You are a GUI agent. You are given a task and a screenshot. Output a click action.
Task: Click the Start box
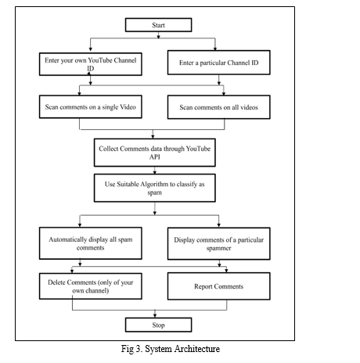point(158,25)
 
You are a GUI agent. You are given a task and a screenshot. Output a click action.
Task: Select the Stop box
point(158,325)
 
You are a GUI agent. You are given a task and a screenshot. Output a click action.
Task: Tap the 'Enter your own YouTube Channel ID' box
point(91,64)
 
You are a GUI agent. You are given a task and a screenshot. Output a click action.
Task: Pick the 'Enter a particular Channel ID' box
point(219,63)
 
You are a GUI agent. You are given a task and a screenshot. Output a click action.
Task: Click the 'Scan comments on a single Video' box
point(91,107)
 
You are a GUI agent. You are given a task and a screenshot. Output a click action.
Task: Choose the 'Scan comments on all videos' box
point(219,107)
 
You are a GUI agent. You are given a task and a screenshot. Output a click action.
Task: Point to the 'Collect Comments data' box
point(155,153)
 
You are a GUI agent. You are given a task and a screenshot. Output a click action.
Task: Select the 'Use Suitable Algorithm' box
point(155,188)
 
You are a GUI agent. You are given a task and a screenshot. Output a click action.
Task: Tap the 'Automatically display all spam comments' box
point(91,243)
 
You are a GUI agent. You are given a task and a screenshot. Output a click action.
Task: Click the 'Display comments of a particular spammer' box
point(219,243)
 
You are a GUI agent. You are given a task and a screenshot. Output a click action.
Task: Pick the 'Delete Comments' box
point(91,286)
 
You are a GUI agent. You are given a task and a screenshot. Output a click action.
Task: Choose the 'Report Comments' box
point(219,286)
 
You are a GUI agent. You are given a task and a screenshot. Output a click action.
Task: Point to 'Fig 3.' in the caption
point(131,349)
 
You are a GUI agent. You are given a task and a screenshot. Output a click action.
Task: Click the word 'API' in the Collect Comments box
point(155,157)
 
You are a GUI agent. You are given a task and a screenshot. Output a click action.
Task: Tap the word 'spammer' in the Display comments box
point(218,248)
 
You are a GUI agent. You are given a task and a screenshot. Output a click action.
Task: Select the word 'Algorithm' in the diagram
point(154,185)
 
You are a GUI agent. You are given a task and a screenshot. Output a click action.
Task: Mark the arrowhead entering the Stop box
point(155,315)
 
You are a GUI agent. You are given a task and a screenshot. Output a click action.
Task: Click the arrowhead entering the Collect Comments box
point(153,137)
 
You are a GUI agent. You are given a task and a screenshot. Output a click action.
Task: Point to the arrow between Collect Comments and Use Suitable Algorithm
point(155,171)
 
